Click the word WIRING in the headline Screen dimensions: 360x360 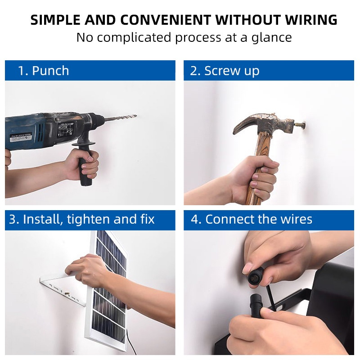311,20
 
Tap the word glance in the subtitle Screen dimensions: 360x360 272,38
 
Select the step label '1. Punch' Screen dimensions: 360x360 44,71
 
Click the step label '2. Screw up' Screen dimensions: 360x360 225,71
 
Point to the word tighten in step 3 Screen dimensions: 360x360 88,219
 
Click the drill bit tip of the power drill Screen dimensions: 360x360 136,116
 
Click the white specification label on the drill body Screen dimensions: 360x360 65,129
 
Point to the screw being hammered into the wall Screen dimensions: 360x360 300,126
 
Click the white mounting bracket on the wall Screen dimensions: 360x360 62,292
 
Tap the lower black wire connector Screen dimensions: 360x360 256,306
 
